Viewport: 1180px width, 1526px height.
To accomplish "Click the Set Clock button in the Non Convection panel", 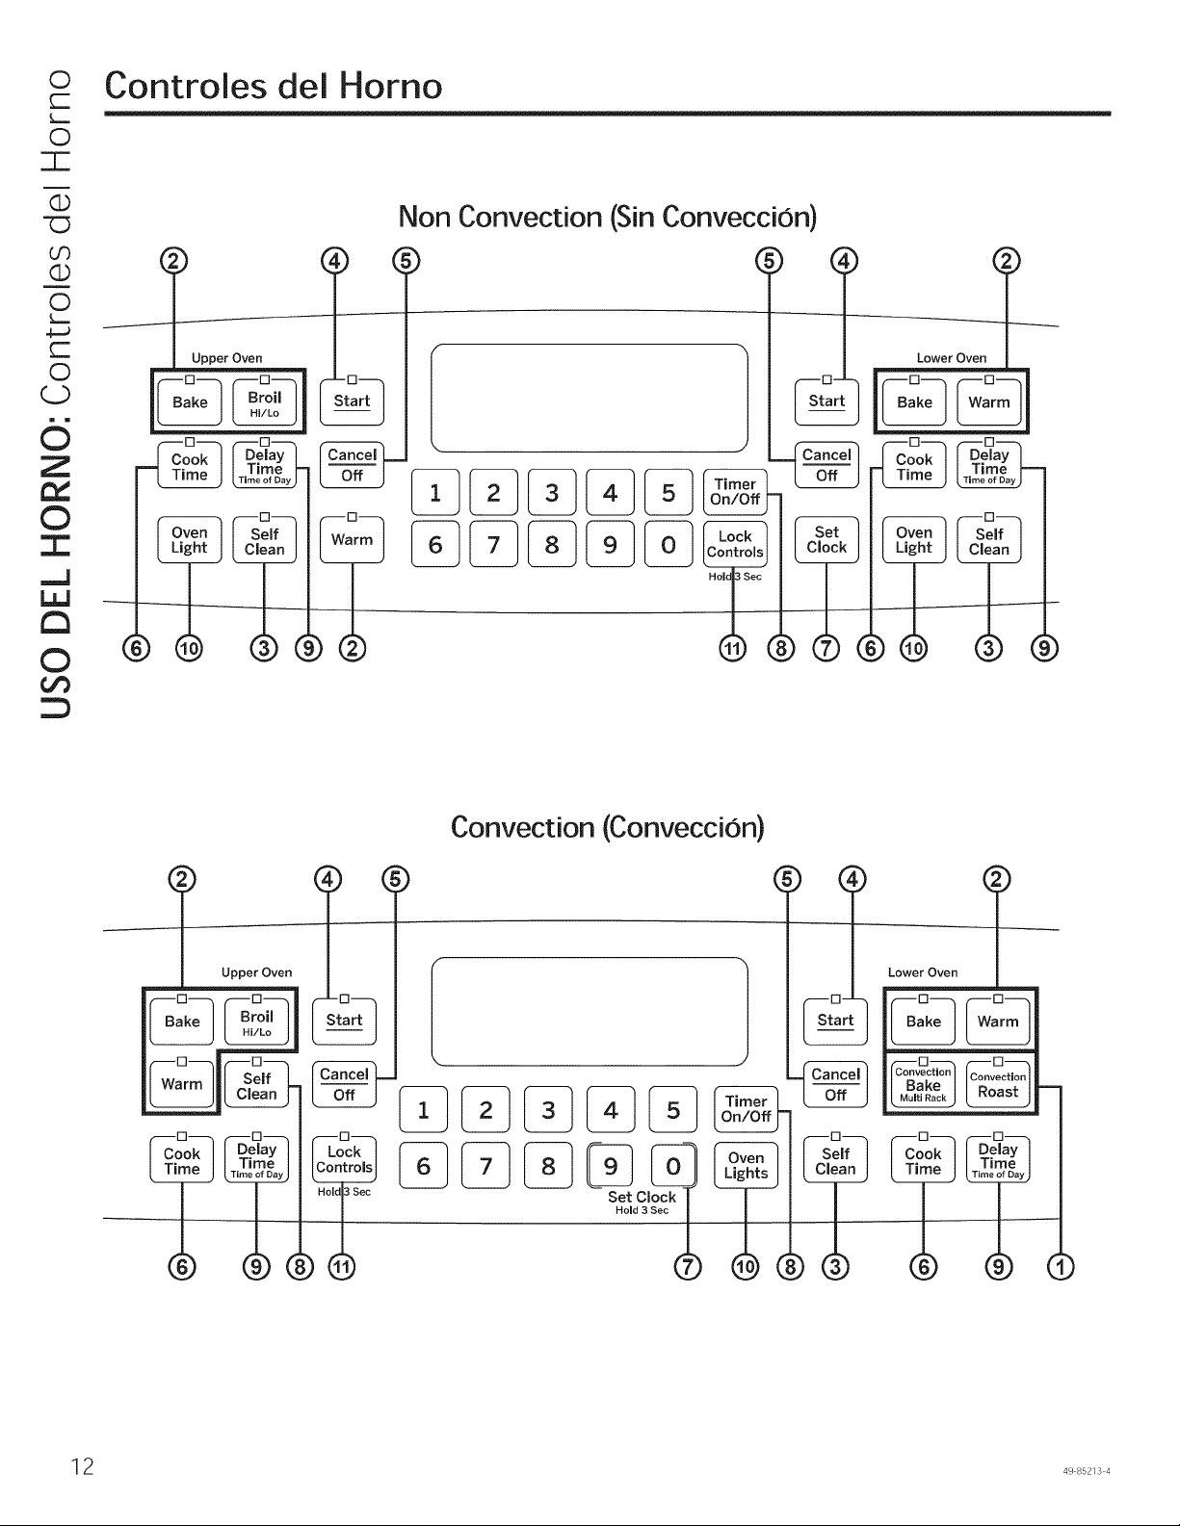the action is pyautogui.click(x=826, y=539).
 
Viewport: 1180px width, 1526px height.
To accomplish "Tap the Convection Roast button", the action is pyautogui.click(x=998, y=1084).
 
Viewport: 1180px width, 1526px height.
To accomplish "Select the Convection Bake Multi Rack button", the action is pyautogui.click(x=923, y=1084).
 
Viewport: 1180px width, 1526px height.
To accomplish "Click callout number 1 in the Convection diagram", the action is pyautogui.click(x=1061, y=1267).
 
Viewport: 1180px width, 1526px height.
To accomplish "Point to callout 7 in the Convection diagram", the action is pyautogui.click(x=688, y=1267).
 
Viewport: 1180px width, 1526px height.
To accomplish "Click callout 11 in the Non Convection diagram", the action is pyautogui.click(x=733, y=648).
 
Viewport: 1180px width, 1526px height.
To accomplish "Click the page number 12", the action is pyautogui.click(x=82, y=1465).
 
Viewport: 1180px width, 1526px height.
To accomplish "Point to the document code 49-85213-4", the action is pyautogui.click(x=1086, y=1471).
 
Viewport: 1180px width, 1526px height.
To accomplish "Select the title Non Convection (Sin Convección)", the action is pyautogui.click(x=608, y=217).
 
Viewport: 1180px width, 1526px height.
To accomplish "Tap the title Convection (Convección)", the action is pyautogui.click(x=608, y=827).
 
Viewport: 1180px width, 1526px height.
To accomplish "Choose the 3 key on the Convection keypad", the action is pyautogui.click(x=548, y=1110).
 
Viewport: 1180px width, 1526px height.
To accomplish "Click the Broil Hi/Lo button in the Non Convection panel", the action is pyautogui.click(x=264, y=402).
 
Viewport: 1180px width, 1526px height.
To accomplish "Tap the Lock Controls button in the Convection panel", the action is pyautogui.click(x=344, y=1159).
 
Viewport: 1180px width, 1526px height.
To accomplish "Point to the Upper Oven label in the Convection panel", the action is pyautogui.click(x=256, y=972).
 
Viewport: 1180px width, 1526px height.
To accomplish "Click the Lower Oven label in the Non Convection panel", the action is pyautogui.click(x=952, y=358).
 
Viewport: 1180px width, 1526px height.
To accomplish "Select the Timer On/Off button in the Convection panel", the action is pyautogui.click(x=746, y=1109).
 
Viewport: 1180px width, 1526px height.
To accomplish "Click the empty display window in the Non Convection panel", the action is pyautogui.click(x=590, y=399).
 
